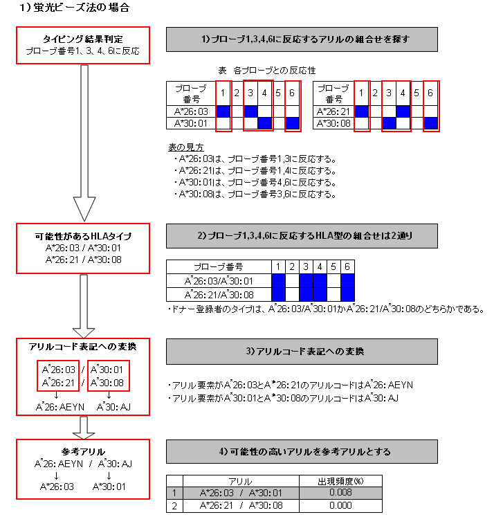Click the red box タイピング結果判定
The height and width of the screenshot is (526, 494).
tap(83, 45)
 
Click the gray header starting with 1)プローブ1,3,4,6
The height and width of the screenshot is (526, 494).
tap(301, 39)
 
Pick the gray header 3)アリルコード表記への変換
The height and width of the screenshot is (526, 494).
tap(301, 352)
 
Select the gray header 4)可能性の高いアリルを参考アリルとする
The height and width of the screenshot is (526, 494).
tap(301, 451)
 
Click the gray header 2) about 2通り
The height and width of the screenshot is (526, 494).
tap(301, 236)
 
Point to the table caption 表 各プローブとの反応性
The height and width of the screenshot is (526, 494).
tap(266, 71)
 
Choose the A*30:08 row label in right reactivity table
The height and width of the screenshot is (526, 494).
tap(333, 123)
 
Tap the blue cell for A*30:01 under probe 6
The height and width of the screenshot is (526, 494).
tap(293, 123)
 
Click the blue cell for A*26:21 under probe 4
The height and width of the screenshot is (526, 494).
tap(403, 111)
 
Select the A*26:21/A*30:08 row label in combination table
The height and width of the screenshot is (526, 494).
tap(219, 293)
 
